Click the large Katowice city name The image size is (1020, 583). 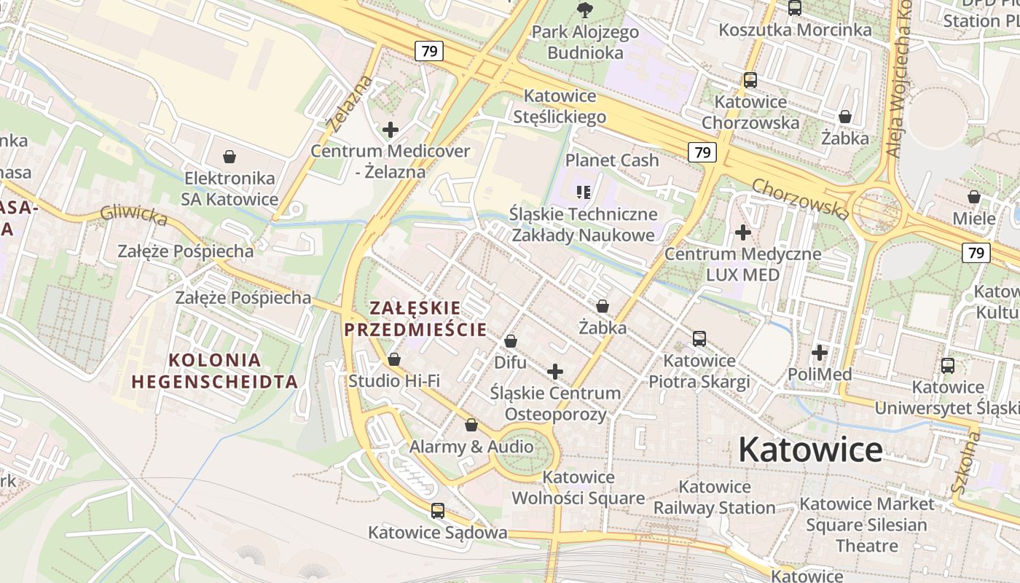coord(810,450)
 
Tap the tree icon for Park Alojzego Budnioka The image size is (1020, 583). coord(584,9)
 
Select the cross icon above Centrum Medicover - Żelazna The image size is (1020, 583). coord(391,130)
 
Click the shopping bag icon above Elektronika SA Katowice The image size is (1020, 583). coord(229,157)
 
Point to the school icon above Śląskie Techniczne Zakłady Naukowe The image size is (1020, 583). coord(583,192)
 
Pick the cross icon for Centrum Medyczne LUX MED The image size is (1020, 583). coord(742,232)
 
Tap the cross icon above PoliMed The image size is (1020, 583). coord(820,353)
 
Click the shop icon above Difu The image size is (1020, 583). coord(510,341)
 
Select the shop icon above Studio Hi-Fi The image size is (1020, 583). coord(394,359)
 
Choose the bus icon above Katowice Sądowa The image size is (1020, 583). coord(437,511)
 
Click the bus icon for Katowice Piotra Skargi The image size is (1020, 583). coord(699,339)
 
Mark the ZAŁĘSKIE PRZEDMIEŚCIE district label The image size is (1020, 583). coord(415,318)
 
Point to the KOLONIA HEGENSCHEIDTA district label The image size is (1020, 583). coord(215,370)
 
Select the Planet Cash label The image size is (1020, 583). coord(612,160)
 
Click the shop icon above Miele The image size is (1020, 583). coord(973,197)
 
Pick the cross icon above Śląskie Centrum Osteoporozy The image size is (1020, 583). coord(555,372)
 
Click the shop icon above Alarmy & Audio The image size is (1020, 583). coord(471,425)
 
